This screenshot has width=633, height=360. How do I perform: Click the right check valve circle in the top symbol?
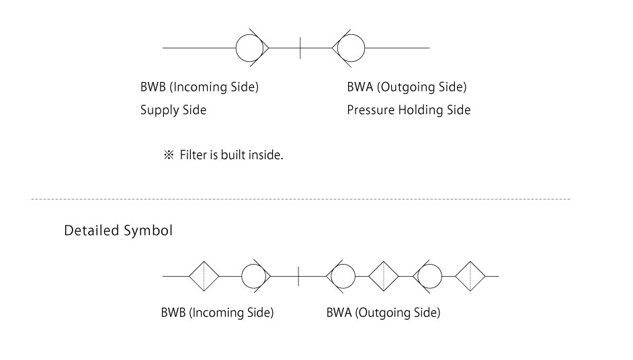(x=350, y=48)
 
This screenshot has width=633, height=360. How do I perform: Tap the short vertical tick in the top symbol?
(x=300, y=48)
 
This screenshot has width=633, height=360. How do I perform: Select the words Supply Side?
(x=173, y=110)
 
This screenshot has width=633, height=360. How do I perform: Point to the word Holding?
(x=420, y=110)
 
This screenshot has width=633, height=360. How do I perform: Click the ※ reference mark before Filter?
(x=169, y=156)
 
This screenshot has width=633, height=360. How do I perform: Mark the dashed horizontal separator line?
(x=300, y=199)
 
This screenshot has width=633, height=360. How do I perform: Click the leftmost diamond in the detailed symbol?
(x=204, y=276)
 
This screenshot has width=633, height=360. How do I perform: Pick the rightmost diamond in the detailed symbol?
(x=470, y=276)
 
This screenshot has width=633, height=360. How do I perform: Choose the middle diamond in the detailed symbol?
(x=384, y=276)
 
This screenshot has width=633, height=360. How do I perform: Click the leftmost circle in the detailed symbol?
(x=254, y=276)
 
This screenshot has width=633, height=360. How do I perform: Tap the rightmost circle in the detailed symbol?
(x=428, y=276)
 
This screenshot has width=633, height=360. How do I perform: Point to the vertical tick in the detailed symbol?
(x=298, y=276)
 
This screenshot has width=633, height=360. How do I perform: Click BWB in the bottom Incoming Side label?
(x=173, y=313)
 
